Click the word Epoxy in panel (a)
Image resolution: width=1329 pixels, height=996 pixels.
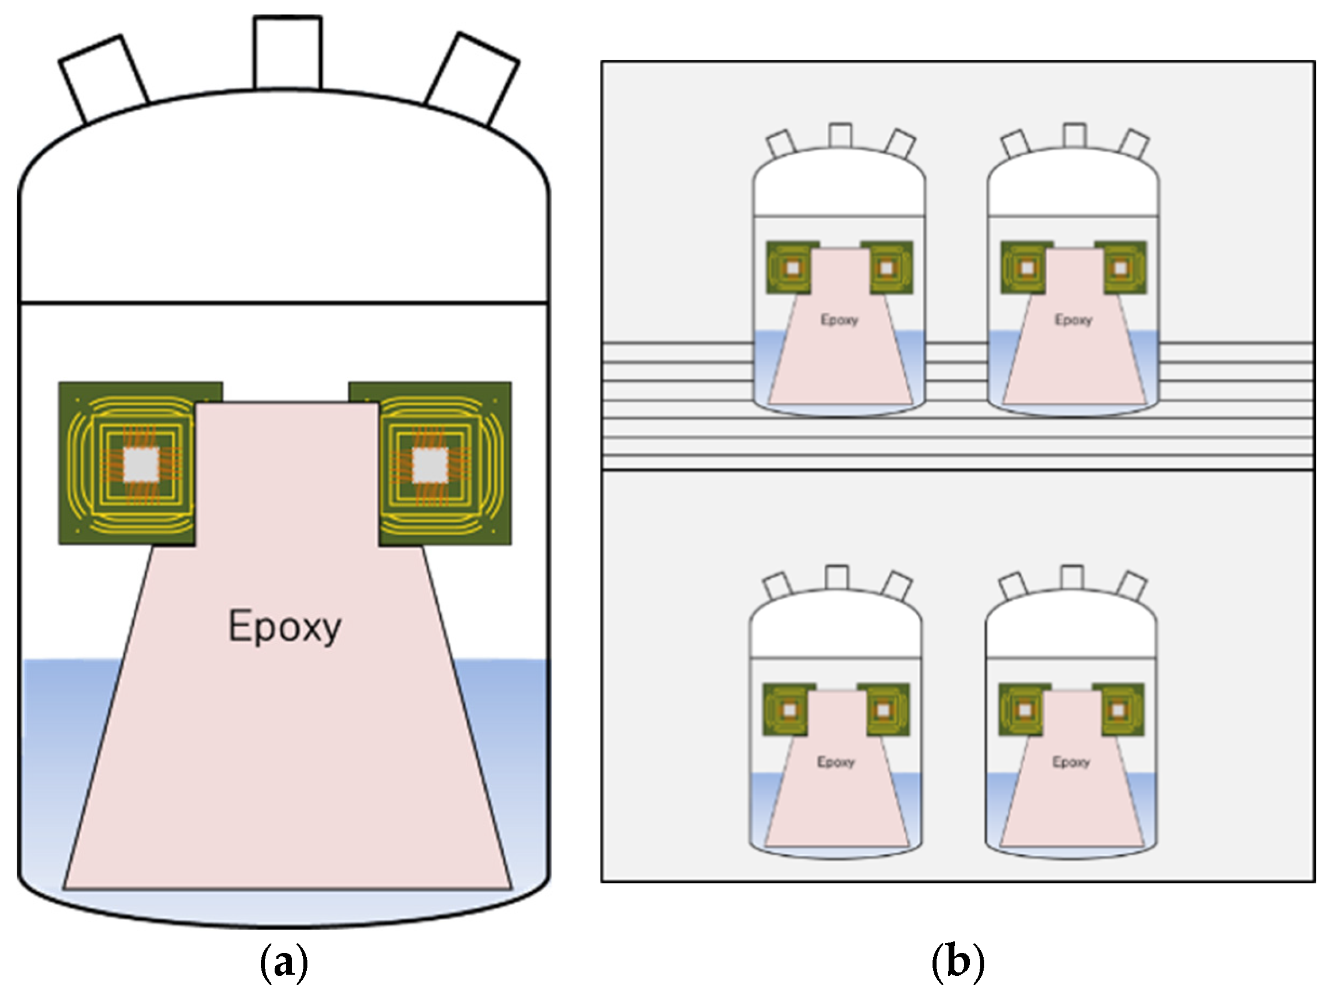point(285,627)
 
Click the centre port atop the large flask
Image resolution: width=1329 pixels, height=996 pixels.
point(287,53)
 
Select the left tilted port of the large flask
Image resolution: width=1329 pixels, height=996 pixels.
point(103,78)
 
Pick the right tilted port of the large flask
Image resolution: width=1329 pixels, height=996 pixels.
point(472,79)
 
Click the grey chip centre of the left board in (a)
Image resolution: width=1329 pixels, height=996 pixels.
point(141,464)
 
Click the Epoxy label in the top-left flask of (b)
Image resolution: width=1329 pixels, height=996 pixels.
point(839,320)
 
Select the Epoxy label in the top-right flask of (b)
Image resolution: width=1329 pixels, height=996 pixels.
point(1074,320)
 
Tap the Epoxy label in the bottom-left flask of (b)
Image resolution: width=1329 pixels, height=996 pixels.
point(836,762)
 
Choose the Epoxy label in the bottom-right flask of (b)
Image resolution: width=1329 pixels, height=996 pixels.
point(1071,762)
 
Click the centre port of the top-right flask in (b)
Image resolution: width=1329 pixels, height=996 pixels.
point(1074,135)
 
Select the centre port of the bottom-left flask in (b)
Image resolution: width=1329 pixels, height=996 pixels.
point(837,578)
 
